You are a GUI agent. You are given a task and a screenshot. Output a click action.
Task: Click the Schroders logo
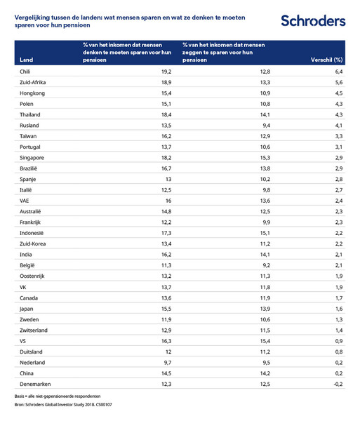tap(313, 20)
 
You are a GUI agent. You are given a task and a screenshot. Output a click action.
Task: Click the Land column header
tap(27, 60)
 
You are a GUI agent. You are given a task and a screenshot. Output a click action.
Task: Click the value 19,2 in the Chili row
tap(167, 71)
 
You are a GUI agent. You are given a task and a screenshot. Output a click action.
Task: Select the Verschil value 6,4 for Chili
tap(337, 71)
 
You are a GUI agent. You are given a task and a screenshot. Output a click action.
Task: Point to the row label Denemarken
tap(35, 385)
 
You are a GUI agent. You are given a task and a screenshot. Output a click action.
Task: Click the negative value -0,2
tap(335, 385)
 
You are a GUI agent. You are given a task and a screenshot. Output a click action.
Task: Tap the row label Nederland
tap(32, 363)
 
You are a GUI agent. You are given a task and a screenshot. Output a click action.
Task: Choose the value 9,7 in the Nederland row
tap(168, 363)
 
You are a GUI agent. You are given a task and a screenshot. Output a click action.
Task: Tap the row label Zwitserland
tap(36, 330)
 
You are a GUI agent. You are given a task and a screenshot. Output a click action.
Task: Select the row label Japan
tap(27, 309)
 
